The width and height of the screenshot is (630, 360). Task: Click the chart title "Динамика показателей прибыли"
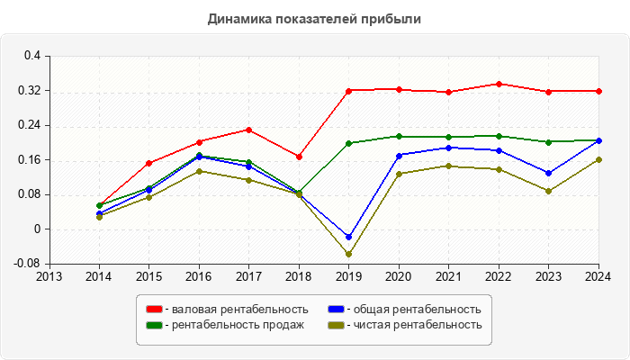[314, 18]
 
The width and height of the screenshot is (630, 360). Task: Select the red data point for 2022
[499, 84]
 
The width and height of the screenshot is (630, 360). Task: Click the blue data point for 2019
[348, 237]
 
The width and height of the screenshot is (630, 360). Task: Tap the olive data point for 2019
[348, 254]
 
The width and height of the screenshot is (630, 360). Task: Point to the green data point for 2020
[399, 137]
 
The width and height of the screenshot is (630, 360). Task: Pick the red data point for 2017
[248, 130]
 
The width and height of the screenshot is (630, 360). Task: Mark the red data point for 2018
[299, 157]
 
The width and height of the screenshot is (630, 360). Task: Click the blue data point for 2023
[548, 173]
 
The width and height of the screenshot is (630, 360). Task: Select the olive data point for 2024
[598, 159]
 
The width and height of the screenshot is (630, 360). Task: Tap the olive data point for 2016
[199, 171]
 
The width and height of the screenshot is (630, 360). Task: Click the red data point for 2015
[148, 163]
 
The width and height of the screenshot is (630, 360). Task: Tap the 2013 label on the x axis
[49, 276]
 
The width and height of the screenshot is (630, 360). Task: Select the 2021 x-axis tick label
[448, 276]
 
